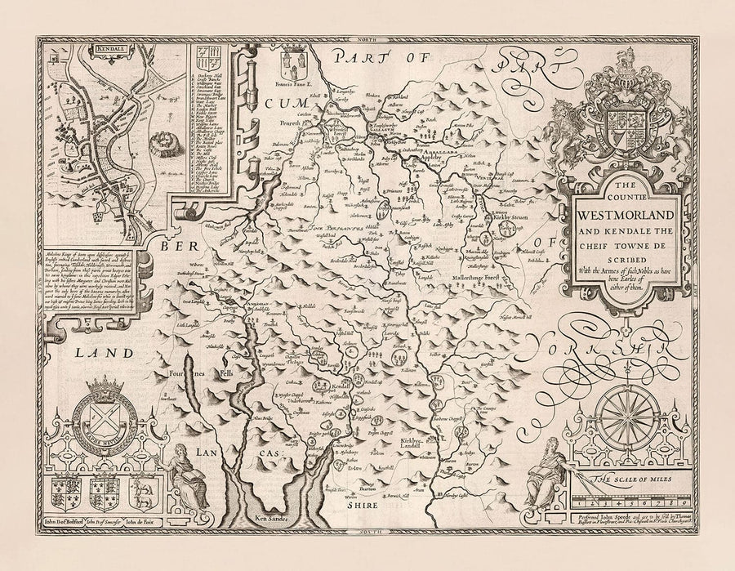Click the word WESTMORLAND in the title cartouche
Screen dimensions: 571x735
(x=626, y=216)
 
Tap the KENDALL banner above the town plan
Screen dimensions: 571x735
(x=83, y=48)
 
